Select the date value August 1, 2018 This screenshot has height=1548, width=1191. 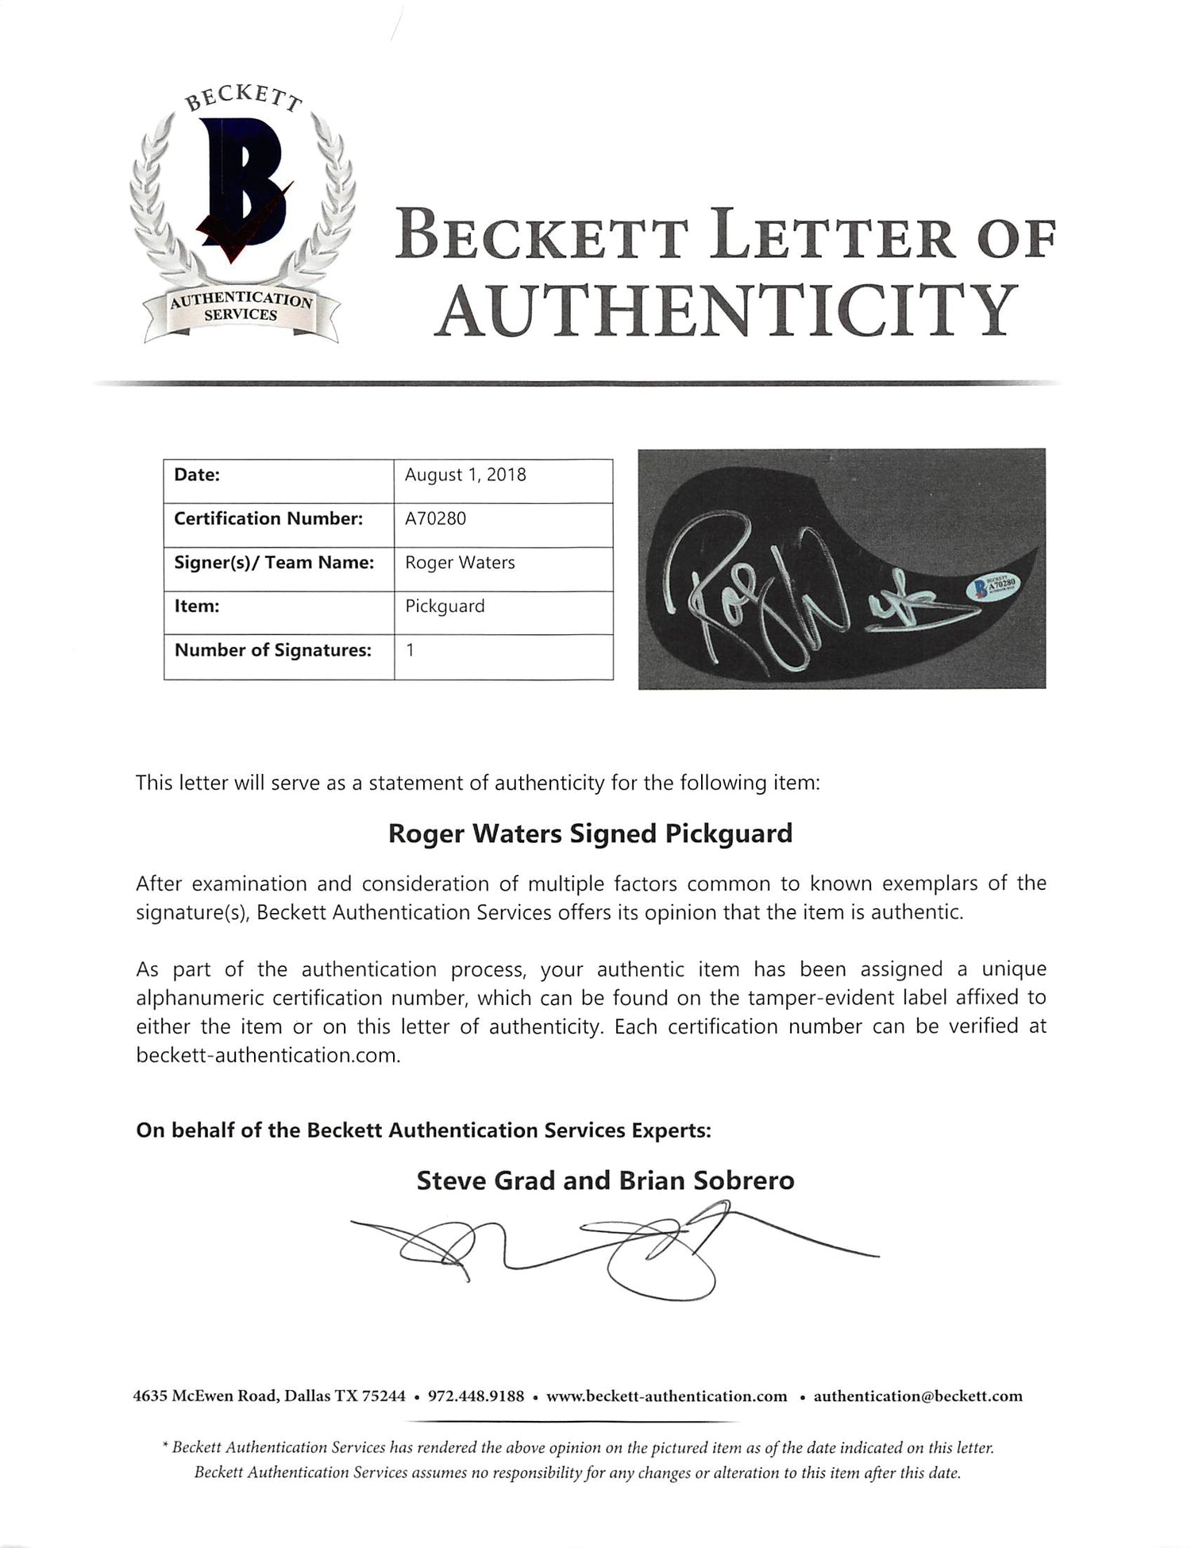pos(465,475)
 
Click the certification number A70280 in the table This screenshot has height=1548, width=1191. pos(435,518)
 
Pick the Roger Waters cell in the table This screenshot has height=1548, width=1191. pos(460,562)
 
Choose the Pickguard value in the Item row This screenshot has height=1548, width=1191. pos(444,606)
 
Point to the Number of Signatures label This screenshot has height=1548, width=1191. pos(272,650)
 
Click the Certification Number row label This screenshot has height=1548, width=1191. pos(268,518)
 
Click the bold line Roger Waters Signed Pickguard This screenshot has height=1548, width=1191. pos(589,834)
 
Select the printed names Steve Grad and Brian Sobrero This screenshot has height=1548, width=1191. pos(605,1180)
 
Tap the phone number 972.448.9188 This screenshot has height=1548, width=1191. pos(476,1396)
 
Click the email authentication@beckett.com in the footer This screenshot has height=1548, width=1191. pos(918,1396)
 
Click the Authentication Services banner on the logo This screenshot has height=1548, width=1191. pos(241,307)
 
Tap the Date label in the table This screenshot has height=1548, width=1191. pos(197,475)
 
